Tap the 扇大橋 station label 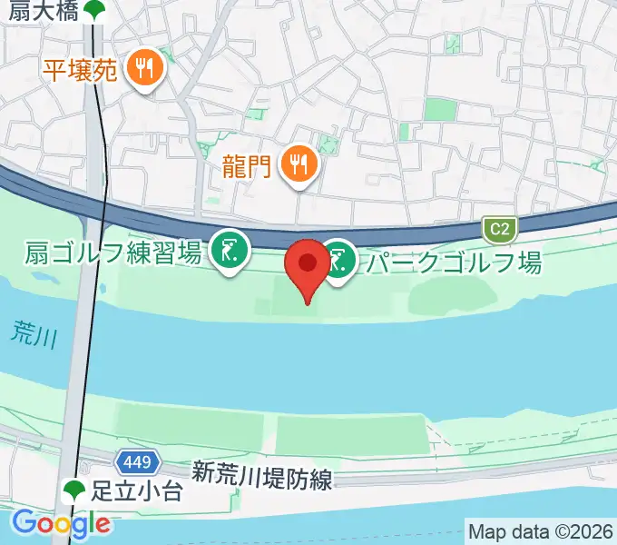pyautogui.click(x=40, y=10)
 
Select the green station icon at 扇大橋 pyautogui.click(x=94, y=10)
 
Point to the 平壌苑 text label pyautogui.click(x=80, y=69)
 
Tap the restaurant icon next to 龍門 pyautogui.click(x=297, y=164)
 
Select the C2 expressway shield pyautogui.click(x=496, y=230)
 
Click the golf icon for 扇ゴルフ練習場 pyautogui.click(x=230, y=250)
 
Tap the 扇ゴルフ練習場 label pyautogui.click(x=113, y=253)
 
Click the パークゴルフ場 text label pyautogui.click(x=454, y=263)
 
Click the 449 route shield pyautogui.click(x=137, y=462)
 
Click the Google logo pyautogui.click(x=62, y=523)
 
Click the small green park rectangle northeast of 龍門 pyautogui.click(x=440, y=110)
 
